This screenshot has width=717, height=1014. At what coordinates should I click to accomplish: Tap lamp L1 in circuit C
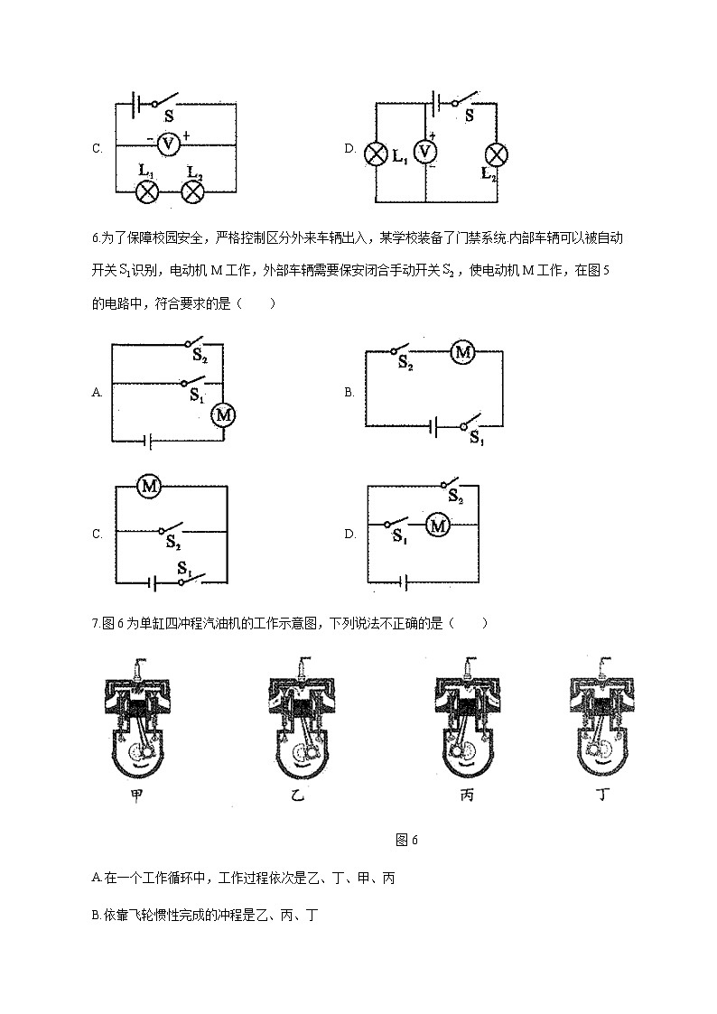click(146, 191)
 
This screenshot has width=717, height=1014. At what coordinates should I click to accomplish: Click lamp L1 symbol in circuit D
click(375, 153)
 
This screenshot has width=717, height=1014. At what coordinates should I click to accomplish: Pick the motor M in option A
click(222, 414)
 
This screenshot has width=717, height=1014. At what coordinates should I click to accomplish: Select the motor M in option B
click(462, 352)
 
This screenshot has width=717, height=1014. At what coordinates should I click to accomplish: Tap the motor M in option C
click(149, 487)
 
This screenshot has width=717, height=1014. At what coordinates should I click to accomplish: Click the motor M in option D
click(438, 526)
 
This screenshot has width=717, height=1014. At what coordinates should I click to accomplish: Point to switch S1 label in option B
click(477, 438)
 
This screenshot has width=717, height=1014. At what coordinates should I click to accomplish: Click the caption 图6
click(407, 840)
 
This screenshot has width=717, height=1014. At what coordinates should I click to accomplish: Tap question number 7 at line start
click(95, 623)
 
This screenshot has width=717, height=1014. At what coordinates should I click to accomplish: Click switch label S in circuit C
click(169, 116)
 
